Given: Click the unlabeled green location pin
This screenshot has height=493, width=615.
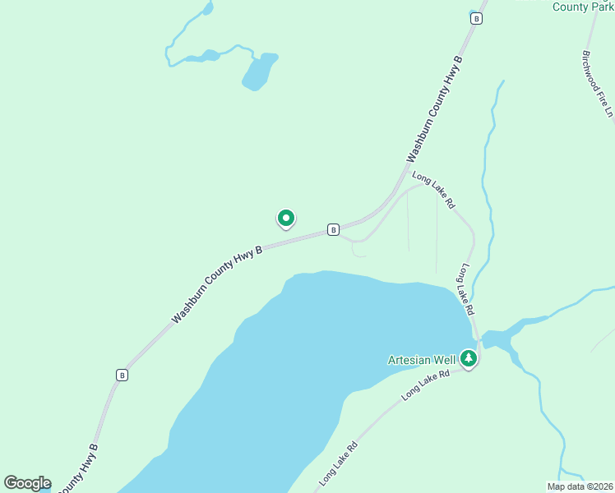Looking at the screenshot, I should [x=285, y=219].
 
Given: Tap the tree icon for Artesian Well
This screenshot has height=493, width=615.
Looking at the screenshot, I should [x=469, y=358].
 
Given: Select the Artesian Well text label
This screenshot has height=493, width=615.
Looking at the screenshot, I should [x=422, y=360].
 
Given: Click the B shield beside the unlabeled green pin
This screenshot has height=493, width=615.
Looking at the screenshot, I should [x=333, y=229].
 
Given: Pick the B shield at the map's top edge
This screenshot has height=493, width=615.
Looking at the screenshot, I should [x=475, y=17].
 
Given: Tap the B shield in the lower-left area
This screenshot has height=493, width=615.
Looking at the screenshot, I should [x=122, y=375].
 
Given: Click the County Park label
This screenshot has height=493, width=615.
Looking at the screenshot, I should [x=582, y=7].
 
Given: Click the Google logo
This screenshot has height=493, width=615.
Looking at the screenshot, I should [x=27, y=483].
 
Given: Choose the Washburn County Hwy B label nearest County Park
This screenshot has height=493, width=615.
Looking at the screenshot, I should [x=436, y=108].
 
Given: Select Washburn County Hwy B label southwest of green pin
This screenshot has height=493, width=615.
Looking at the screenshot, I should [x=216, y=283].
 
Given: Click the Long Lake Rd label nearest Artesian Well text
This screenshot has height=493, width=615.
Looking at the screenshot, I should [x=427, y=385].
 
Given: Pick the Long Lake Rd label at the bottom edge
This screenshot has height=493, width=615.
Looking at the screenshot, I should [x=338, y=463].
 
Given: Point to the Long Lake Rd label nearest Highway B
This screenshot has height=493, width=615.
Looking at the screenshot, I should [x=433, y=190].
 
